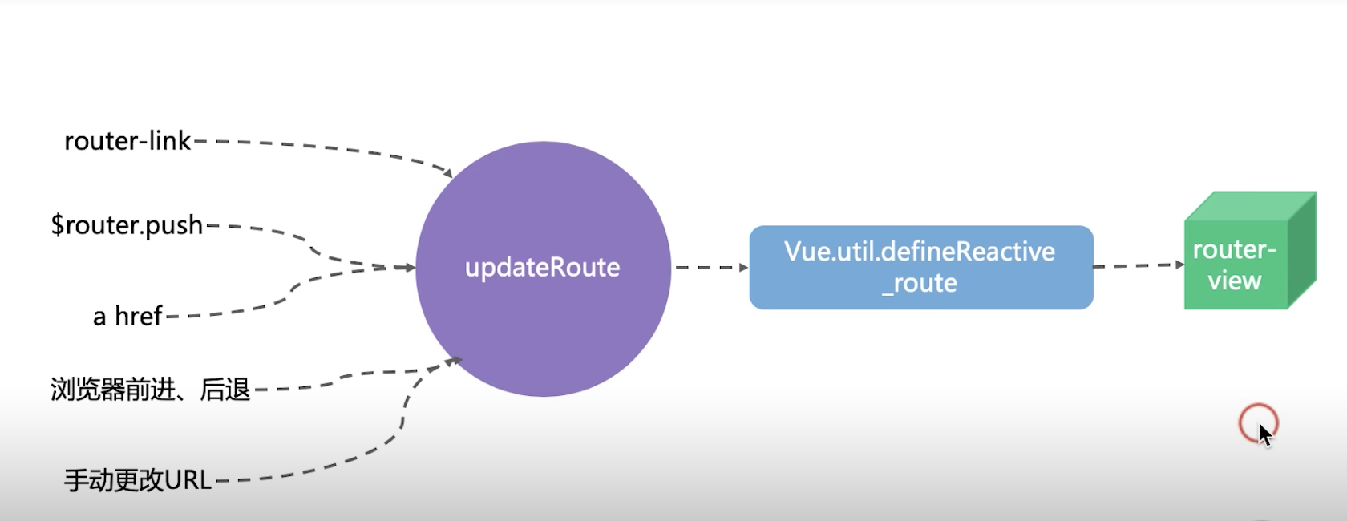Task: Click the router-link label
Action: pyautogui.click(x=127, y=141)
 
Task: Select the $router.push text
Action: pyautogui.click(x=127, y=225)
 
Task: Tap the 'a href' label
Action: pyautogui.click(x=128, y=316)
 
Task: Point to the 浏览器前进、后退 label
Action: pyautogui.click(x=151, y=390)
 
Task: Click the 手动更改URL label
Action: pyautogui.click(x=138, y=480)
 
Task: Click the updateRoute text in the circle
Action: pyautogui.click(x=543, y=267)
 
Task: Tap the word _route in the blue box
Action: pyautogui.click(x=920, y=283)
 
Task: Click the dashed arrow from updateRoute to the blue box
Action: pyautogui.click(x=710, y=267)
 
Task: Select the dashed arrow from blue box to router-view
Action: pyautogui.click(x=1139, y=265)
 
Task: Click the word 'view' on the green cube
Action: pyautogui.click(x=1235, y=281)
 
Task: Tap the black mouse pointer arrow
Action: pyautogui.click(x=1265, y=435)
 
